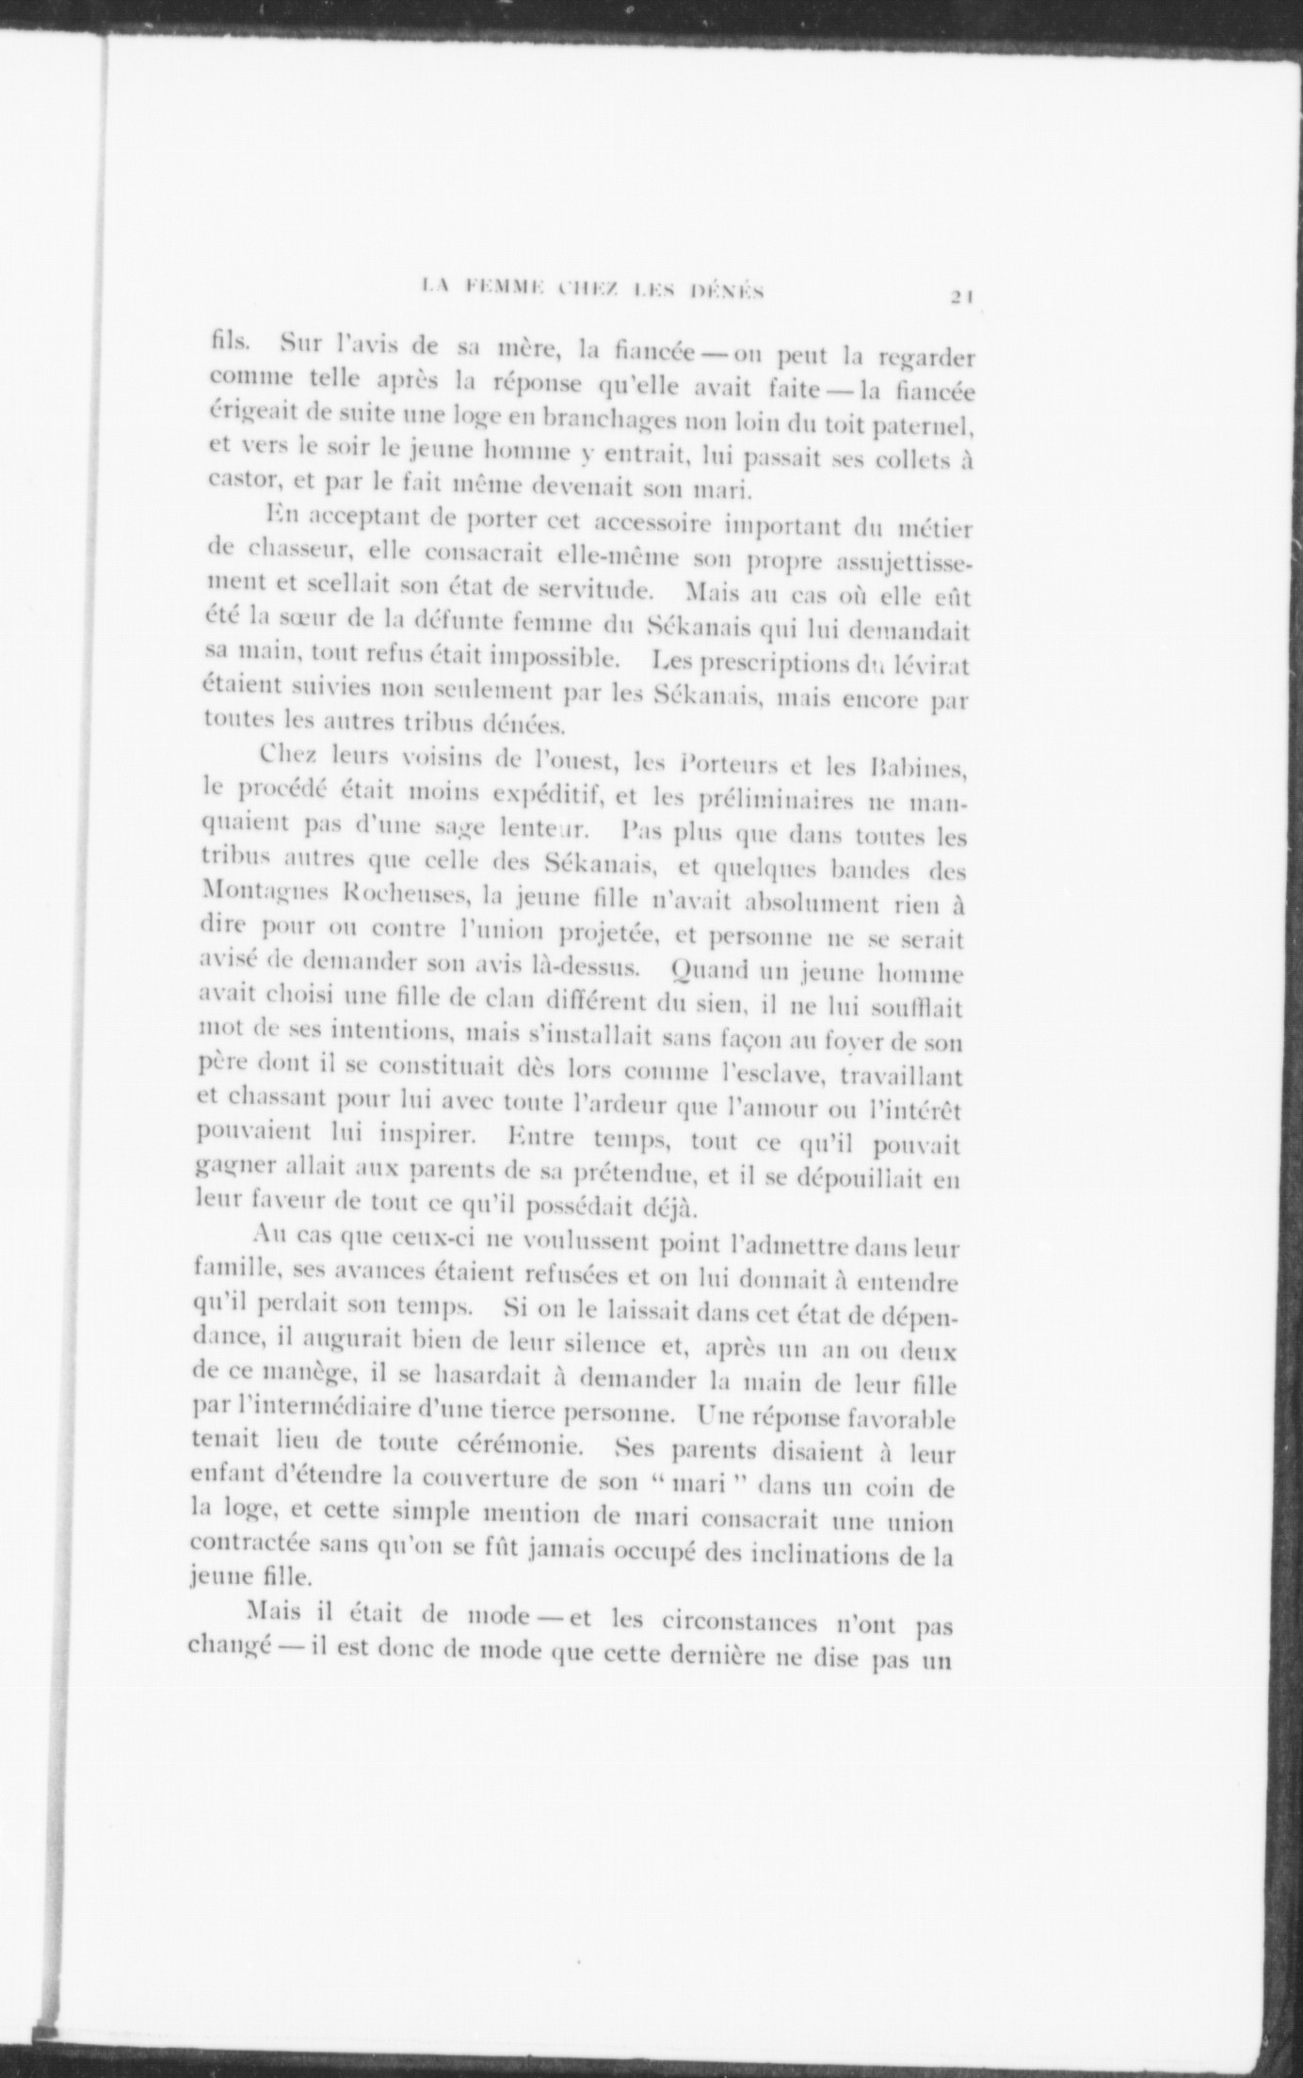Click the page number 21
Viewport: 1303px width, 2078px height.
pyautogui.click(x=961, y=296)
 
